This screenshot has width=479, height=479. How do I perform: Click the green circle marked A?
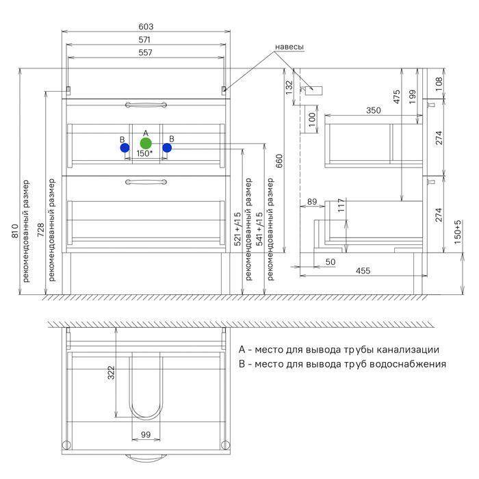[145, 143]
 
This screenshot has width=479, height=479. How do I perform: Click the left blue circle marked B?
[125, 147]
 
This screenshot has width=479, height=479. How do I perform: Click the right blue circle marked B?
[167, 147]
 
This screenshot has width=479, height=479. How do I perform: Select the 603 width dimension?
[144, 27]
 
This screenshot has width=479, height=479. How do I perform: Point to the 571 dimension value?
[144, 40]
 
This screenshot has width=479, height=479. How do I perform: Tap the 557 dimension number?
[144, 53]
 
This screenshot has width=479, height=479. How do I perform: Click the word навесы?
[289, 47]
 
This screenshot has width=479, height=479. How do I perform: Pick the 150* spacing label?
[144, 154]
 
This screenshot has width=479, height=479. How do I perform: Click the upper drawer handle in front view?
[145, 105]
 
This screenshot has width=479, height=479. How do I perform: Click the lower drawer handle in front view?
[145, 182]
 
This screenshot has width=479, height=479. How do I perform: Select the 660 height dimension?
[279, 161]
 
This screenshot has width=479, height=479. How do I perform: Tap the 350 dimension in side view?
[373, 110]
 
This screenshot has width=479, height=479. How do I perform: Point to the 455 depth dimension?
[363, 272]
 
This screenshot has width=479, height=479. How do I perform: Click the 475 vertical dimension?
[397, 96]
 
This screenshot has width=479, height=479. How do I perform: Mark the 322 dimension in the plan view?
[111, 372]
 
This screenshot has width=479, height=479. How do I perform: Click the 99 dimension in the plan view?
[145, 435]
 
